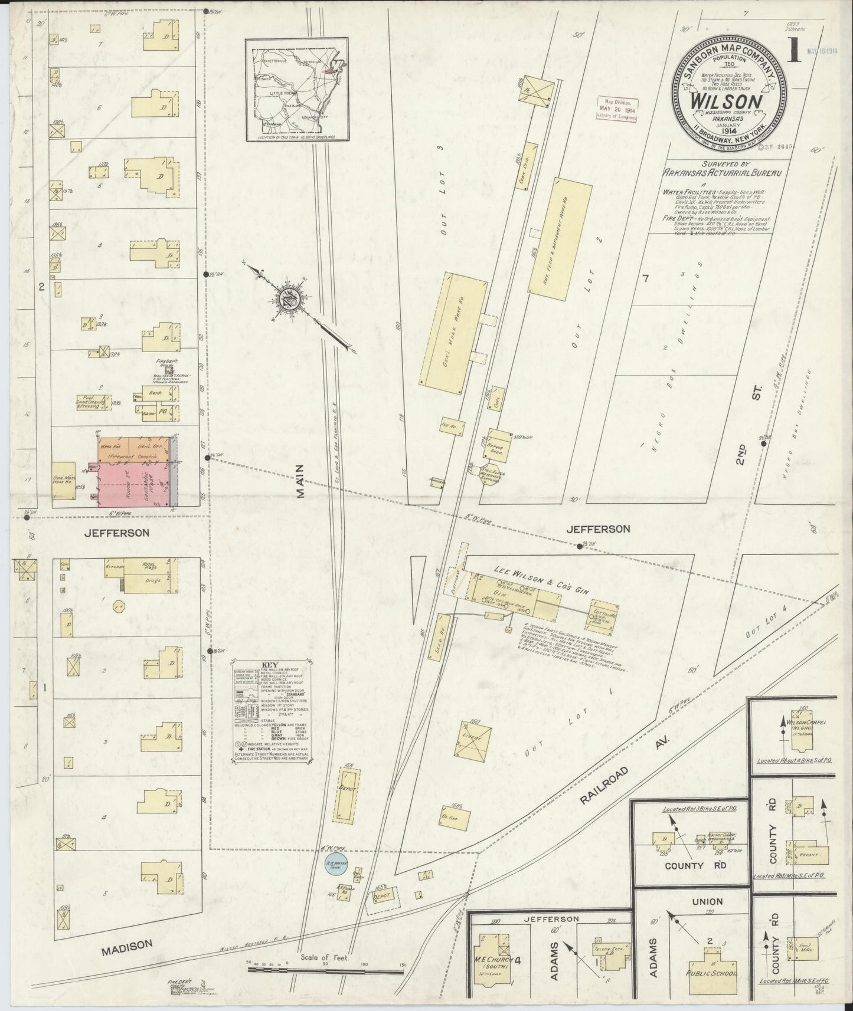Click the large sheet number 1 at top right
794,51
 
